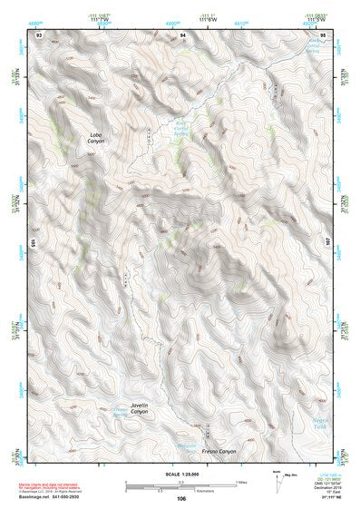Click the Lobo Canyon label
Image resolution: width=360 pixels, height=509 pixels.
(x=96, y=139)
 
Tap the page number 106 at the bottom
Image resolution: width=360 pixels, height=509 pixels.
(x=181, y=498)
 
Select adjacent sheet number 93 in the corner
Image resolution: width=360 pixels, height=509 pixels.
(x=38, y=34)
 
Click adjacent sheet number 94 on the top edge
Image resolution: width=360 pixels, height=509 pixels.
(x=182, y=34)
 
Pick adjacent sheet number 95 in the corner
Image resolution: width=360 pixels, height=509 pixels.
(x=323, y=34)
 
